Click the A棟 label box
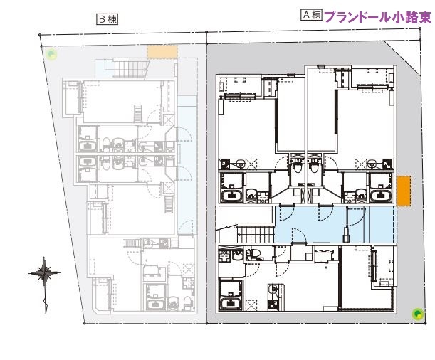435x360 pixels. click(311, 15)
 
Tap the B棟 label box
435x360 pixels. click(108, 19)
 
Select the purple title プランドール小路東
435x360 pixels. click(377, 17)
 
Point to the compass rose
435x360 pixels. click(44, 272)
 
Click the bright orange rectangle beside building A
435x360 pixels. click(403, 191)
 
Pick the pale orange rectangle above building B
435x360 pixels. click(162, 51)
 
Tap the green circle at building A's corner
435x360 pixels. click(416, 313)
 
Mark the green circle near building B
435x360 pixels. click(51, 53)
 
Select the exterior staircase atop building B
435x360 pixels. click(130, 68)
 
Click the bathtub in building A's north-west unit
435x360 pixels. click(232, 196)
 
